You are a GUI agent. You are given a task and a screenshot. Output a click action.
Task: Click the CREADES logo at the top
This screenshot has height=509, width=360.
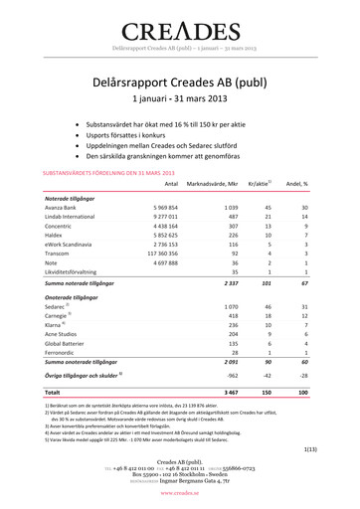(180, 28)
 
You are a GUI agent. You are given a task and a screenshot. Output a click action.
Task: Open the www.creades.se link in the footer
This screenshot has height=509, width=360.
(180, 493)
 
